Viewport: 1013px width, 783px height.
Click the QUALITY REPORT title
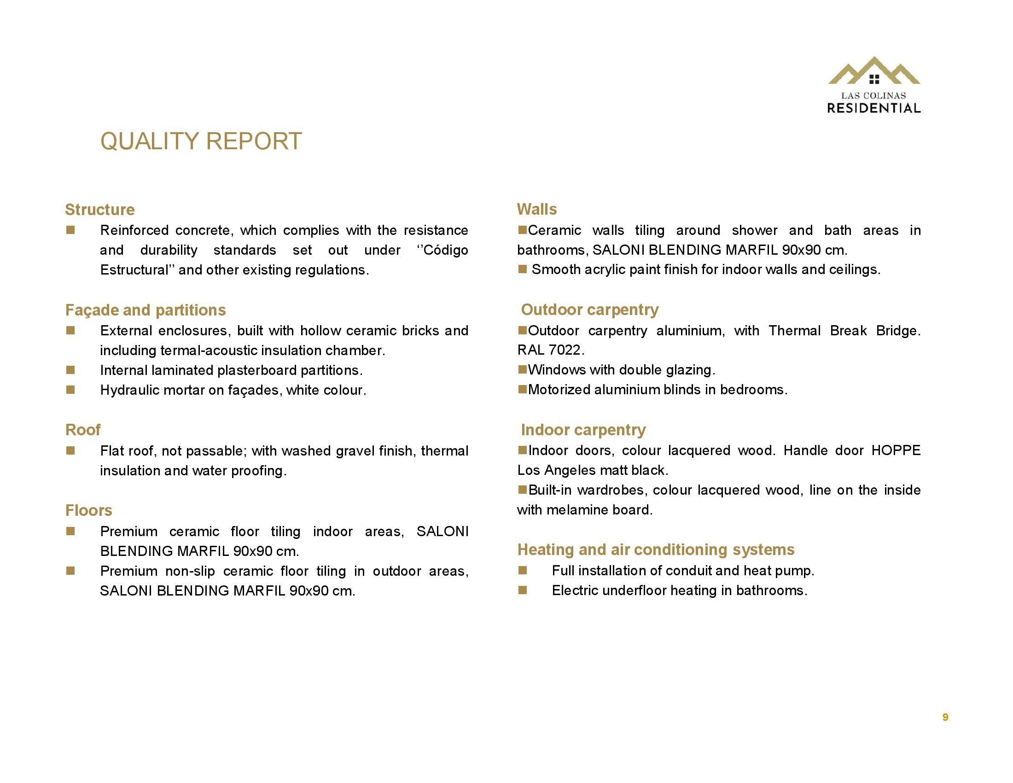201,141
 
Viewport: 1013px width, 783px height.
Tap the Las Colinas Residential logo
874,86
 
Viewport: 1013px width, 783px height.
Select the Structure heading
100,210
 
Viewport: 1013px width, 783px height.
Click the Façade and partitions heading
145,310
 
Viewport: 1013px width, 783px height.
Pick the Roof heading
82,430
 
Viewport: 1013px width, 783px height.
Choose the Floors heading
88,510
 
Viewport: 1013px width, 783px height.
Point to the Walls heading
536,209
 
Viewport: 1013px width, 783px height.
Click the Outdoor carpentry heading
589,310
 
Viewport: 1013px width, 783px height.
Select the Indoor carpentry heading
583,430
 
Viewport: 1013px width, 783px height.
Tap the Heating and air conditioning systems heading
655,549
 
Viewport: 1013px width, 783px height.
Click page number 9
945,717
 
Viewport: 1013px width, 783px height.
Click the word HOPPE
896,450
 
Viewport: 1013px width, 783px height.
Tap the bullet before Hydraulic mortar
70,390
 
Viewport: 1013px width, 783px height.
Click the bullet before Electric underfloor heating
522,590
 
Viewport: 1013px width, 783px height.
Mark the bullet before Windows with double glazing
522,370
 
